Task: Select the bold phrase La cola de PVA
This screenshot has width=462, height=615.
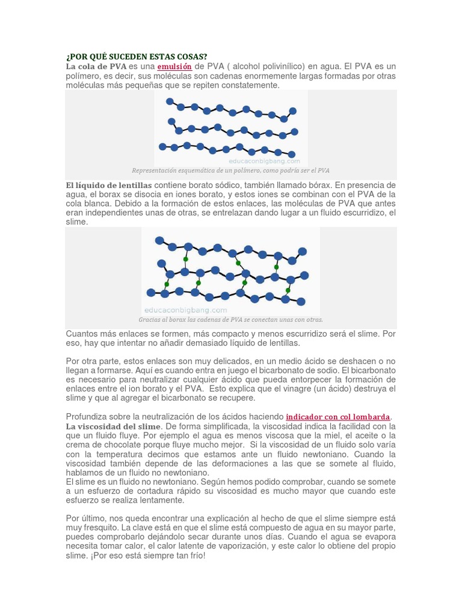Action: (x=96, y=66)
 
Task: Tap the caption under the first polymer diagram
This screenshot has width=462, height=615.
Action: (x=231, y=170)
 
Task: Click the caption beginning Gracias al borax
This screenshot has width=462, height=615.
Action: (x=230, y=320)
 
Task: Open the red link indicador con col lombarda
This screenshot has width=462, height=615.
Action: (x=338, y=416)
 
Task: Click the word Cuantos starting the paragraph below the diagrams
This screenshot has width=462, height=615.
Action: (x=82, y=333)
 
